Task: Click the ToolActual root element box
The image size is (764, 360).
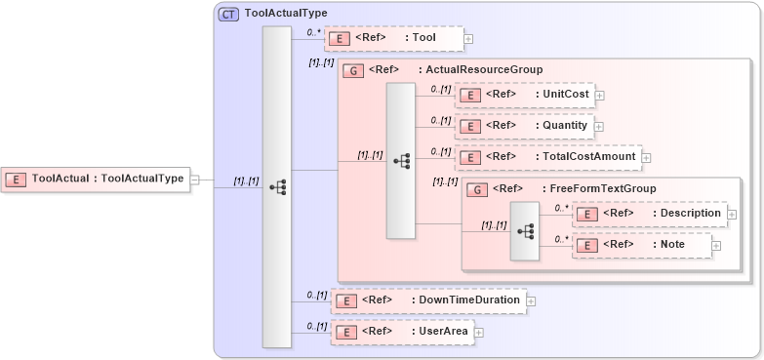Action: pos(97,179)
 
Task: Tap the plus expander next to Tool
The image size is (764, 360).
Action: pos(468,39)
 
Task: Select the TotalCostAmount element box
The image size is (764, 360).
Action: pos(547,156)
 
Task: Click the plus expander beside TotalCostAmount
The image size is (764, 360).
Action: pos(646,157)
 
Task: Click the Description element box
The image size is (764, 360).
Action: pos(649,214)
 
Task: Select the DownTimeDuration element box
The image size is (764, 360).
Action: pos(428,300)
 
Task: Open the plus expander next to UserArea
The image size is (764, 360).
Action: pos(479,333)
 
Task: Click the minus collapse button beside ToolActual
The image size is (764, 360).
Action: pos(195,180)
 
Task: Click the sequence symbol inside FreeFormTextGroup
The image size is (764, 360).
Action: pos(524,231)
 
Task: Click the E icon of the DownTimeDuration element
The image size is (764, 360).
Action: pos(343,300)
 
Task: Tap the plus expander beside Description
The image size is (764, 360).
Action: pos(732,215)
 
